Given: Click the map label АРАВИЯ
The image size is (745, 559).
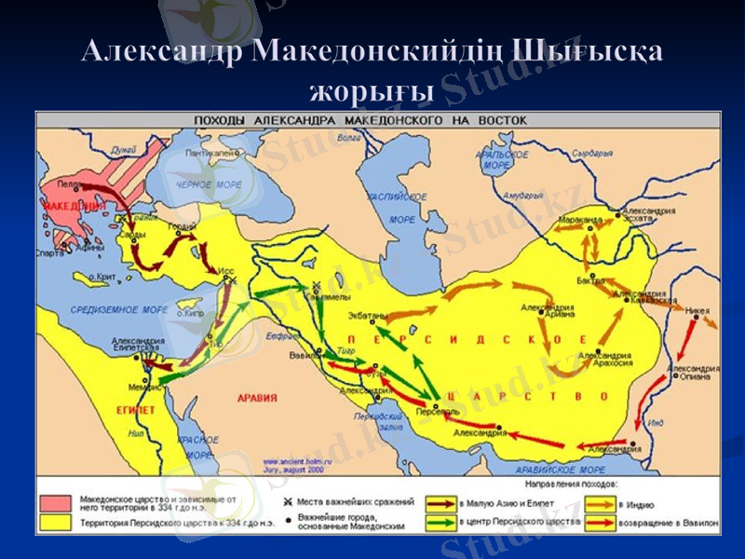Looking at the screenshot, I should (x=257, y=398).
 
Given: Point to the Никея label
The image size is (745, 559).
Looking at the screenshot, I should (x=696, y=311).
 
